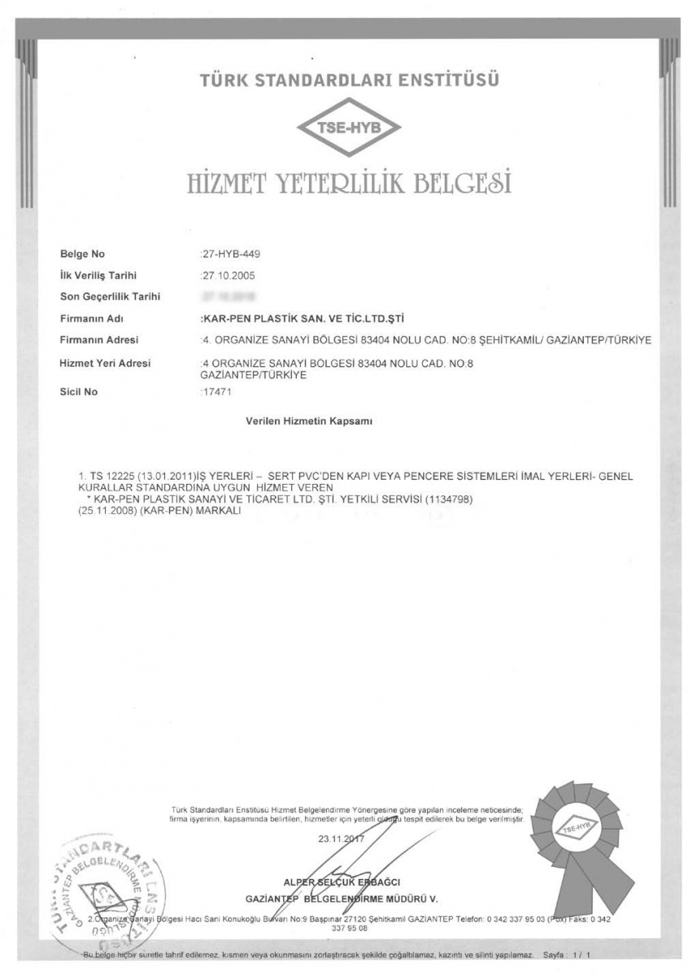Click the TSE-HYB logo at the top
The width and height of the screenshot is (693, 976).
tap(348, 128)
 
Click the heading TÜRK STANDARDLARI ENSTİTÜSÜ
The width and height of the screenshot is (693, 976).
tap(348, 81)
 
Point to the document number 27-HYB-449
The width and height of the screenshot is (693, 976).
tap(231, 254)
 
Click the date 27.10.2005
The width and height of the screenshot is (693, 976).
tap(228, 276)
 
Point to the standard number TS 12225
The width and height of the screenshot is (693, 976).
tap(106, 474)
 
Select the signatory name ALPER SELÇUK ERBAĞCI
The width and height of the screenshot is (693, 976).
tap(346, 882)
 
